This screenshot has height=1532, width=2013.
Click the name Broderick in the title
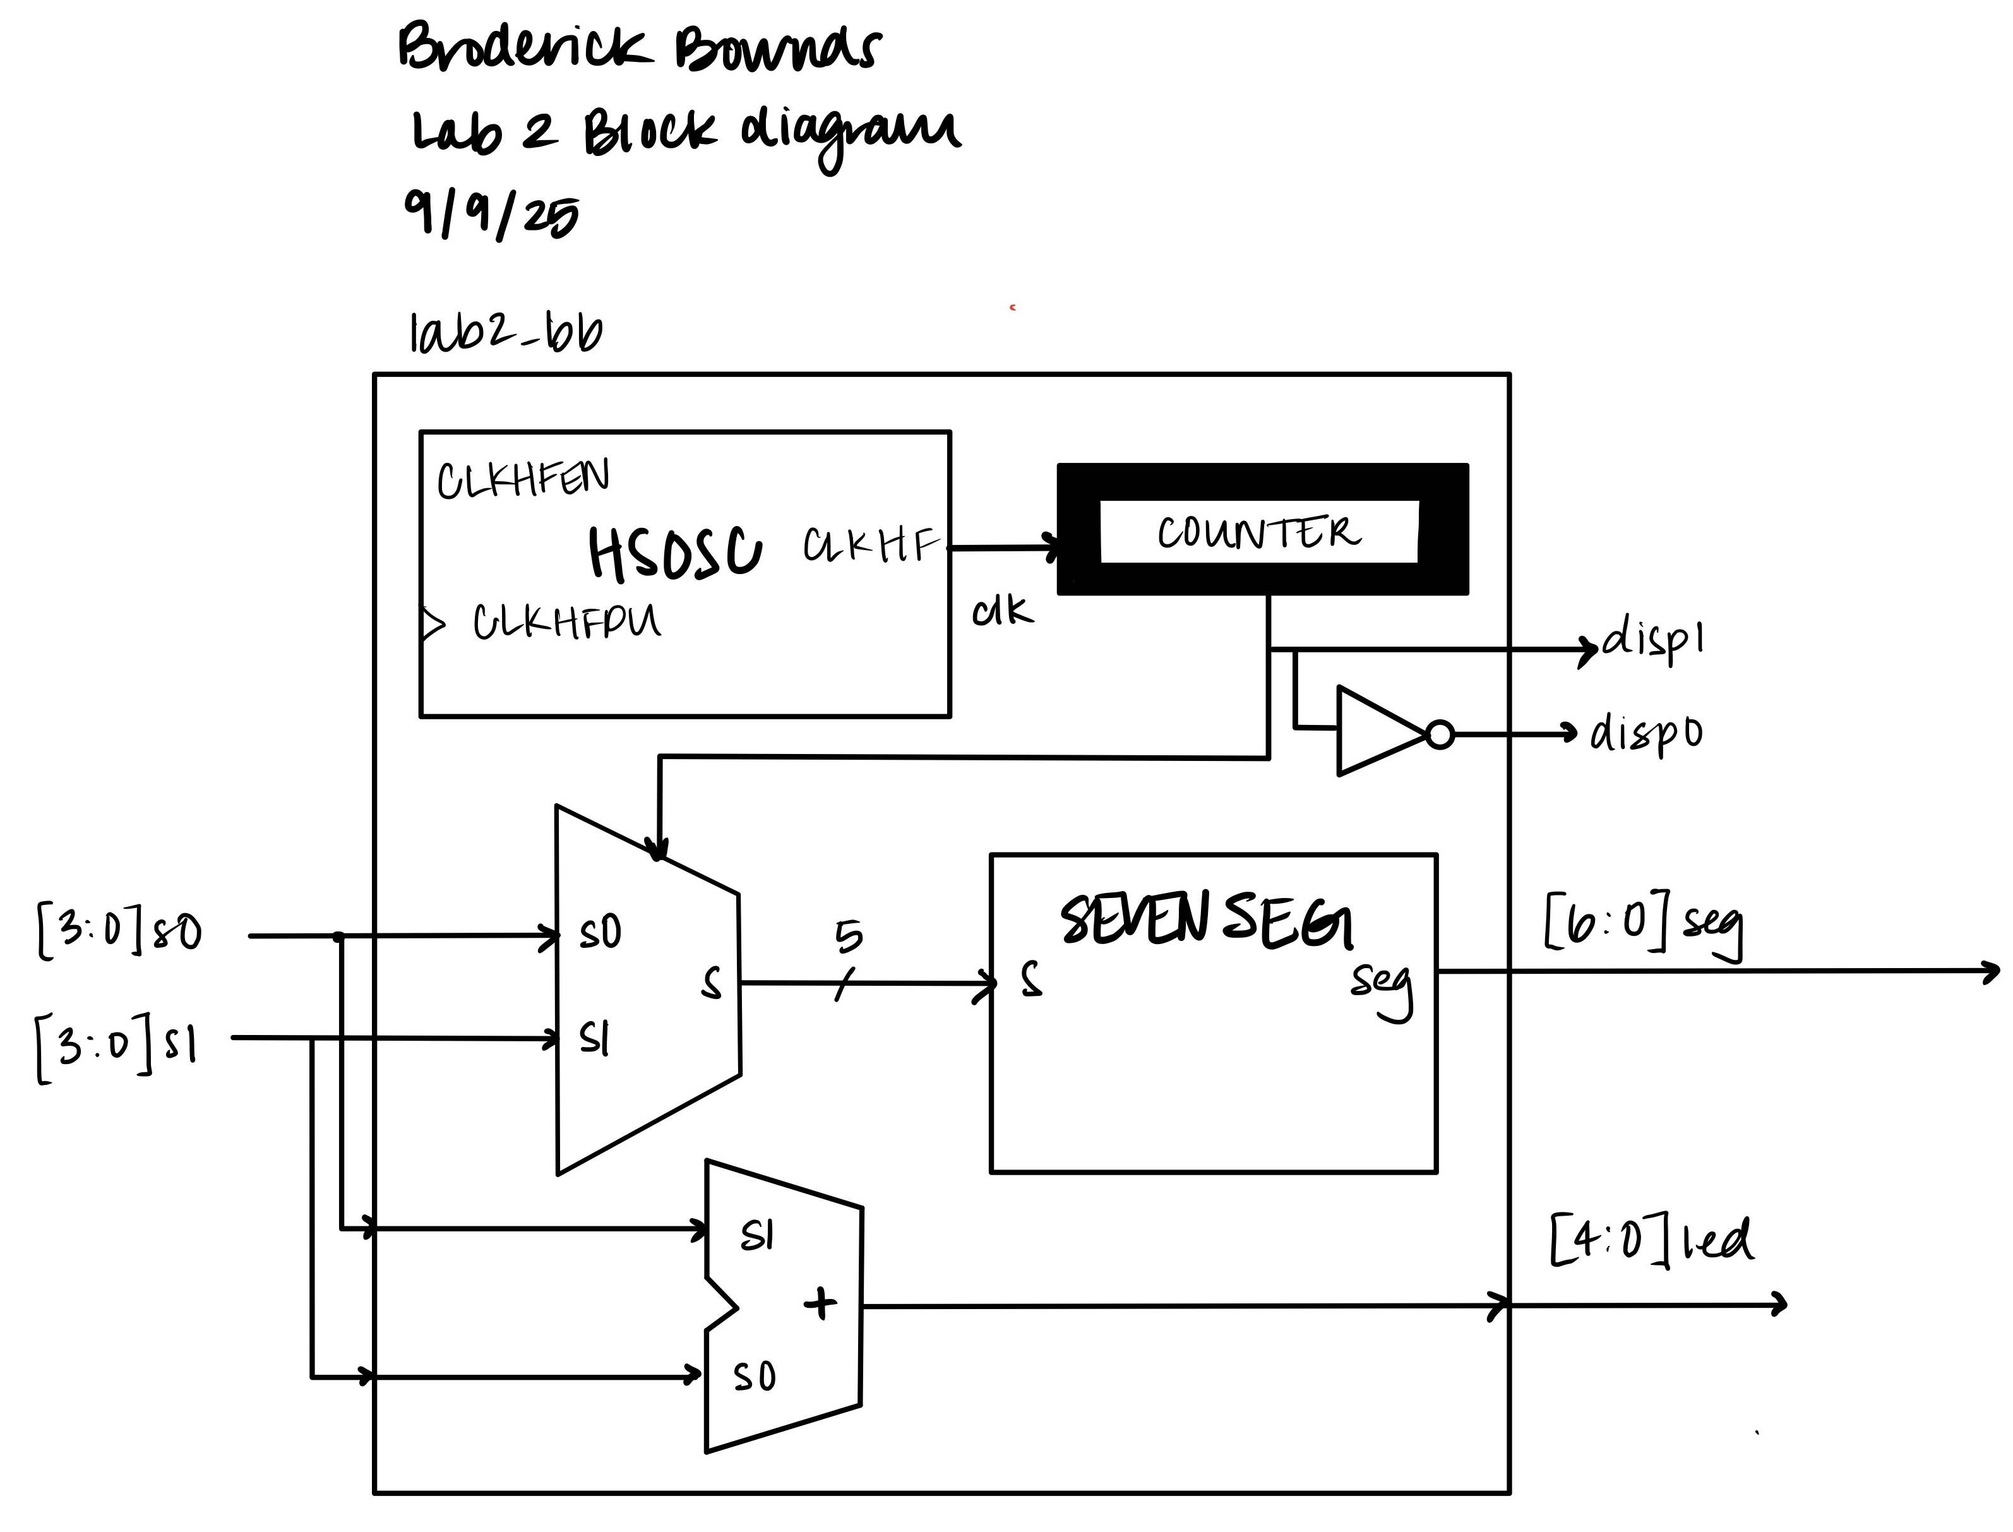tap(525, 47)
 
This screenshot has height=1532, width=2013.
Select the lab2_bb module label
tap(506, 334)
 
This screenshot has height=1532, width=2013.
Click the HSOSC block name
tap(674, 554)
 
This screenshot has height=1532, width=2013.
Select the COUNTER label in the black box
tap(1259, 532)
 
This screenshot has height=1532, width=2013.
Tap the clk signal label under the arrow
tap(1003, 611)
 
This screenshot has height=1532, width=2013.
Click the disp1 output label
tap(1653, 640)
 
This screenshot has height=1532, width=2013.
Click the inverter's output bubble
tap(1440, 734)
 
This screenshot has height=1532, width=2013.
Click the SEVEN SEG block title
tap(1206, 920)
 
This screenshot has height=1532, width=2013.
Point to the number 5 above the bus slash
tap(848, 937)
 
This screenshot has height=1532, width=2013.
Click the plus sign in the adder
tap(820, 1303)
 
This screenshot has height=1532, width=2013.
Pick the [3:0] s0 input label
tap(119, 930)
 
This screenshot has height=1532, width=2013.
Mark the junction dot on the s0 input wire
tap(338, 937)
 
